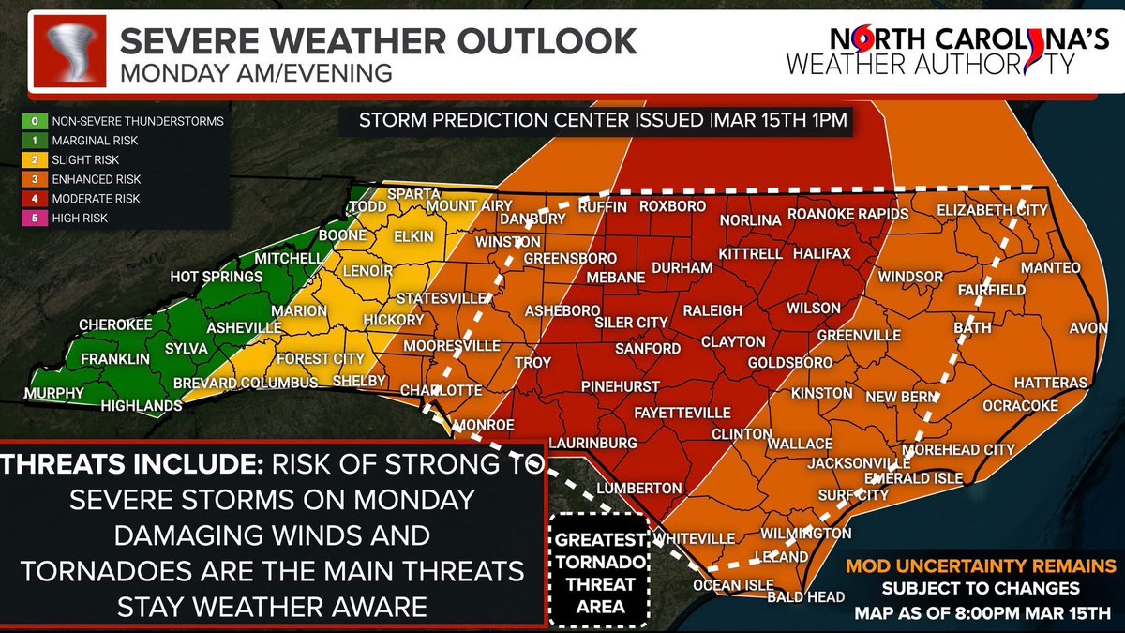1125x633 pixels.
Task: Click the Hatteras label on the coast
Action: point(1050,384)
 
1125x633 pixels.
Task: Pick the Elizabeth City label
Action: point(990,208)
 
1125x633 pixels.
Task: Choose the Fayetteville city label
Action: point(656,412)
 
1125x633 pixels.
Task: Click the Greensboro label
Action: point(569,258)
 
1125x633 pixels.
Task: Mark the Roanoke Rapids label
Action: point(848,215)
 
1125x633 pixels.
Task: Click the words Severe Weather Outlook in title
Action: point(379,41)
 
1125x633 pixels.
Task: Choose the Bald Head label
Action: point(806,596)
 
